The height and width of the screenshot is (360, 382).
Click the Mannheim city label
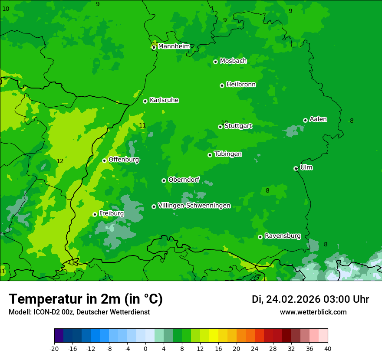pyautogui.click(x=174, y=46)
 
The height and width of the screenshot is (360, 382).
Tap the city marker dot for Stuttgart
pyautogui.click(x=220, y=127)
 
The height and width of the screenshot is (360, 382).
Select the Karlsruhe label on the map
pyautogui.click(x=164, y=100)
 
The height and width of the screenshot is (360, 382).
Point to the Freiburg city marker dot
pyautogui.click(x=95, y=214)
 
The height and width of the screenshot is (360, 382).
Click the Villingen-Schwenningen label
pyautogui.click(x=194, y=206)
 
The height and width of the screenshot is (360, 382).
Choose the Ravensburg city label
pyautogui.click(x=283, y=236)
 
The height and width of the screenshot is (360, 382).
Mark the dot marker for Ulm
pyautogui.click(x=296, y=168)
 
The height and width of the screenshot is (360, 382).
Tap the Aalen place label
pyautogui.click(x=318, y=119)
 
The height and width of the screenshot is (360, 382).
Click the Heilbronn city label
pyautogui.click(x=241, y=85)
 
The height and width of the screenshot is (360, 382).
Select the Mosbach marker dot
pyautogui.click(x=215, y=62)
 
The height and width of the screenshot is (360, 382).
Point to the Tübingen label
pyautogui.click(x=228, y=154)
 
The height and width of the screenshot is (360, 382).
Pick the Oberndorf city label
pyautogui.click(x=184, y=180)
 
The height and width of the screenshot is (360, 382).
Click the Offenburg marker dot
pyautogui.click(x=104, y=160)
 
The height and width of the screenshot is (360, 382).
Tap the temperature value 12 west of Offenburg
pyautogui.click(x=60, y=161)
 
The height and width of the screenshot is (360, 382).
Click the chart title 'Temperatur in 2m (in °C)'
pyautogui.click(x=86, y=299)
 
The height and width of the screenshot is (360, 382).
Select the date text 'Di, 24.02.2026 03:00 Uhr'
pyautogui.click(x=310, y=299)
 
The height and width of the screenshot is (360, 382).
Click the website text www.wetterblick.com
pyautogui.click(x=313, y=312)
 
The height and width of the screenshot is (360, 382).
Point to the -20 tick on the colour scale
pyautogui.click(x=54, y=348)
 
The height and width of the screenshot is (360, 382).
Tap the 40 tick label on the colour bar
pyautogui.click(x=328, y=348)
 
